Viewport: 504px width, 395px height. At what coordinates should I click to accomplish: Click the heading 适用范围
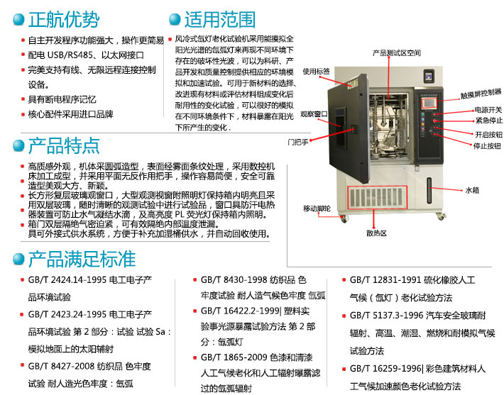[219, 18]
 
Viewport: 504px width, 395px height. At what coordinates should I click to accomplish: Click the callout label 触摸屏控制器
[481, 93]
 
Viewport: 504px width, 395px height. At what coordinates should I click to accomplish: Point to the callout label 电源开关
[488, 110]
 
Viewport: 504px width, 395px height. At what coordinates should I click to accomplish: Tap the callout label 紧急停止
[488, 121]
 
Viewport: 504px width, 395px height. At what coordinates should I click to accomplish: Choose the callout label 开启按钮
[488, 134]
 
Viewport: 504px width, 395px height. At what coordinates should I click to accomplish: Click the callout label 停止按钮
[487, 146]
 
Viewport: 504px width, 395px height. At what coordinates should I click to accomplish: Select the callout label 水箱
[473, 190]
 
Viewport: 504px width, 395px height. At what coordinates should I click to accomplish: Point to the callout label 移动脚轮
[317, 208]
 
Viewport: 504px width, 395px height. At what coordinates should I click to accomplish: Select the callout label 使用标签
[317, 71]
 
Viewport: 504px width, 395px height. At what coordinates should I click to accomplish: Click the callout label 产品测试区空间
[397, 52]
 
